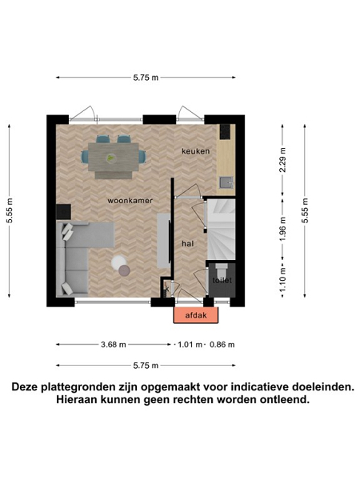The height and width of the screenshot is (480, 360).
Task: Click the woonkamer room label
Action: pos(130,201)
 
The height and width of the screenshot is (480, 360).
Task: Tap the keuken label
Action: pos(196,151)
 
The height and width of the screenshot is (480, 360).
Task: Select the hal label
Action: pos(188,244)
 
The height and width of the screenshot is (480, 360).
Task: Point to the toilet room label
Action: pos(222,280)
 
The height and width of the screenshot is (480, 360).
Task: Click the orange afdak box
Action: pos(196,315)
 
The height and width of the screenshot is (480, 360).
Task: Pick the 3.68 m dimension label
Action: pos(114,344)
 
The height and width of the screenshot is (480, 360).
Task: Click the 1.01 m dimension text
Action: pos(190,344)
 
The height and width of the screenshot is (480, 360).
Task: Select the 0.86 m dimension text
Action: pos(222,344)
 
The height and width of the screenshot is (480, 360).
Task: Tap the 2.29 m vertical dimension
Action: pos(282,159)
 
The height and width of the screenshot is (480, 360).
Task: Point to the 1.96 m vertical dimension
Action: pos(282,229)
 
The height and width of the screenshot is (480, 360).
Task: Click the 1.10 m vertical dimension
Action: pos(282,279)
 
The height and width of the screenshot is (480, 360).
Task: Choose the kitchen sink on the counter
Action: pos(226,182)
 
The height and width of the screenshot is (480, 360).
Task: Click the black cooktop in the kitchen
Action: pos(226,132)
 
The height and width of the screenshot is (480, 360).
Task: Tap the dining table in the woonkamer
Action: pos(114,157)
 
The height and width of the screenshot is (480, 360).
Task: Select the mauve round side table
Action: pos(124,270)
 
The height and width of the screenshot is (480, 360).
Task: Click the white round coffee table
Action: pos(118,262)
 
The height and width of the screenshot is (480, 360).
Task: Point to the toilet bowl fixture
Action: pos(221,270)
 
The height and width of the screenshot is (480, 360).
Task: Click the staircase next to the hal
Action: pos(222,230)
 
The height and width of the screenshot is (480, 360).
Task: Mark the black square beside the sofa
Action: pos(64,212)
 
